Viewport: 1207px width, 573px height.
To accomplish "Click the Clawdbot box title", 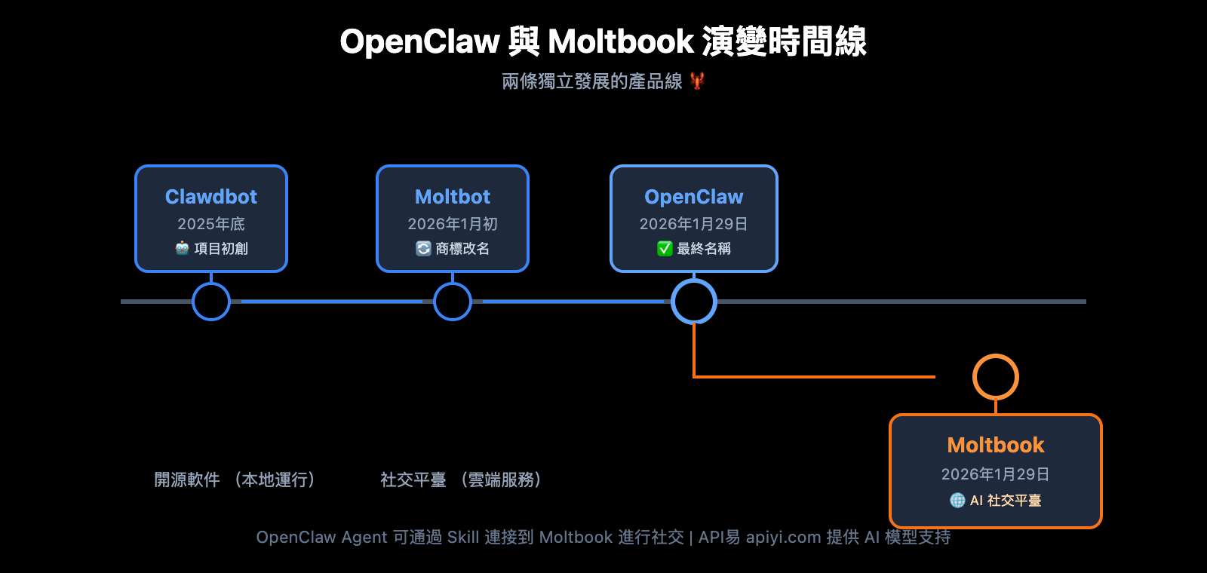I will pos(211,197).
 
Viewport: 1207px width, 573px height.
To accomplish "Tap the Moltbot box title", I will pos(453,197).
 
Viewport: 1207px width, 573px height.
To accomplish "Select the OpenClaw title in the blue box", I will pos(694,197).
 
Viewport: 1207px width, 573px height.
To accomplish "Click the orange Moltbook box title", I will pos(996,445).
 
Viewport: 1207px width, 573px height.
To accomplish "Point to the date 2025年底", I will pos(211,224).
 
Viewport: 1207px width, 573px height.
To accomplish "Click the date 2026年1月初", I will pos(453,224).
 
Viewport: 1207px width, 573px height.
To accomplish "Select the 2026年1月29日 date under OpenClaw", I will pos(694,224).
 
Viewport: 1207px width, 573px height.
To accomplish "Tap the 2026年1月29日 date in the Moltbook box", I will pos(996,474).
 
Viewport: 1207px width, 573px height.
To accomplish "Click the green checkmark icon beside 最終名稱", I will pos(665,248).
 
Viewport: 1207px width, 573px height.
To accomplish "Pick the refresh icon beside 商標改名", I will pos(423,248).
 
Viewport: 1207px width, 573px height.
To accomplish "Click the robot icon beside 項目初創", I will pos(182,248).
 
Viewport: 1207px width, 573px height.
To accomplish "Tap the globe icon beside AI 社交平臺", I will pos(957,500).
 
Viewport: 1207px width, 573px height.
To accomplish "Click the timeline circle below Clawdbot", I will pos(211,302).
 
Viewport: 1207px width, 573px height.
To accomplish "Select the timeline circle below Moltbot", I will pos(453,302).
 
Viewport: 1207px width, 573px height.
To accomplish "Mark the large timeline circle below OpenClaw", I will pos(694,302).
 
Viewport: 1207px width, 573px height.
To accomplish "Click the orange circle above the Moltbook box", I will pos(996,377).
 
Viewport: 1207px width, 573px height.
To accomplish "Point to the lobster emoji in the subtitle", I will pos(697,81).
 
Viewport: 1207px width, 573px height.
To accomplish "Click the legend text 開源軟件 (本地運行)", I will pos(235,480).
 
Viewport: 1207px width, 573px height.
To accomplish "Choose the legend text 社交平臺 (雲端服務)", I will pos(461,480).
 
